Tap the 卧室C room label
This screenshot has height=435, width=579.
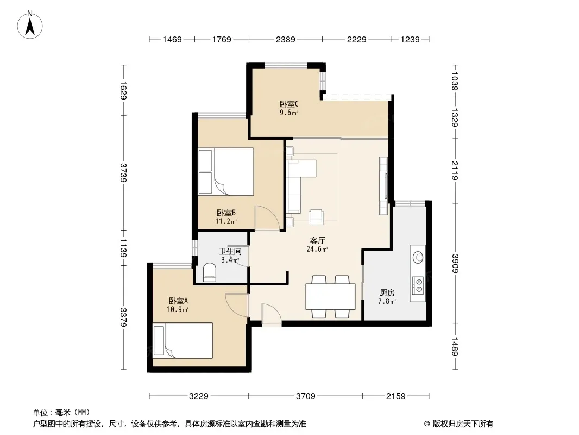point(289,104)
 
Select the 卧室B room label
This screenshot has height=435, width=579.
point(226,213)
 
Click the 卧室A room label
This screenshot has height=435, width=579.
point(178,301)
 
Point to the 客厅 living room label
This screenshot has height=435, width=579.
point(318,240)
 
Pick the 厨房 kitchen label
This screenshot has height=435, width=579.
point(387,293)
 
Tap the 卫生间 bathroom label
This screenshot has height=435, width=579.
point(230,251)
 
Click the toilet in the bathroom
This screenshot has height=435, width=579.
point(209,272)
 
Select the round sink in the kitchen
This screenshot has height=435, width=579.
point(418,257)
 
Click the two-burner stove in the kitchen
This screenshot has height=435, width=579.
point(418,285)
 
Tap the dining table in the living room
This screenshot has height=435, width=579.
point(330,296)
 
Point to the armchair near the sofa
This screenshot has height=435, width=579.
point(316,217)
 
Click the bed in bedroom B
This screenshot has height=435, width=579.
point(226,171)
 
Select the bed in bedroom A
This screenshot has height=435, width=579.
point(183,340)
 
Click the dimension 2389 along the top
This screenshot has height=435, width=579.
point(286,39)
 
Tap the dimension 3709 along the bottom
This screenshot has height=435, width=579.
point(306,396)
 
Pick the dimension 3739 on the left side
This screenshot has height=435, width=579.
point(123,172)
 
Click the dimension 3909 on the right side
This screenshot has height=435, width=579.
point(455,264)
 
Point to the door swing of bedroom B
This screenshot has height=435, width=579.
point(268,218)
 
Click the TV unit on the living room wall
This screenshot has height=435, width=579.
point(383,186)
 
